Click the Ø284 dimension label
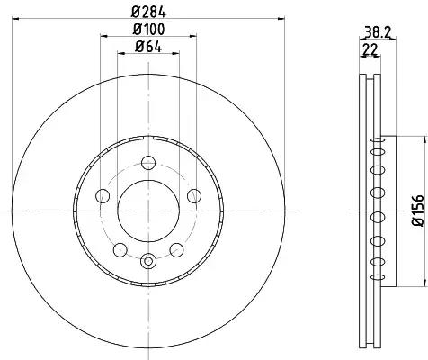pos(148,12)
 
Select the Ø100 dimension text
pos(148,29)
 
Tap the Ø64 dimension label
pos(148,47)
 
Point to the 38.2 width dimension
pos(378,32)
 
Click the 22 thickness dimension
pos(370,49)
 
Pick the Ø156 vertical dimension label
pos(417,211)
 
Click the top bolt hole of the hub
pos(148,163)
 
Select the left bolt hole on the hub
pos(103,196)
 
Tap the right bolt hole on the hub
pos(194,196)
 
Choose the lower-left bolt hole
pos(120,249)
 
